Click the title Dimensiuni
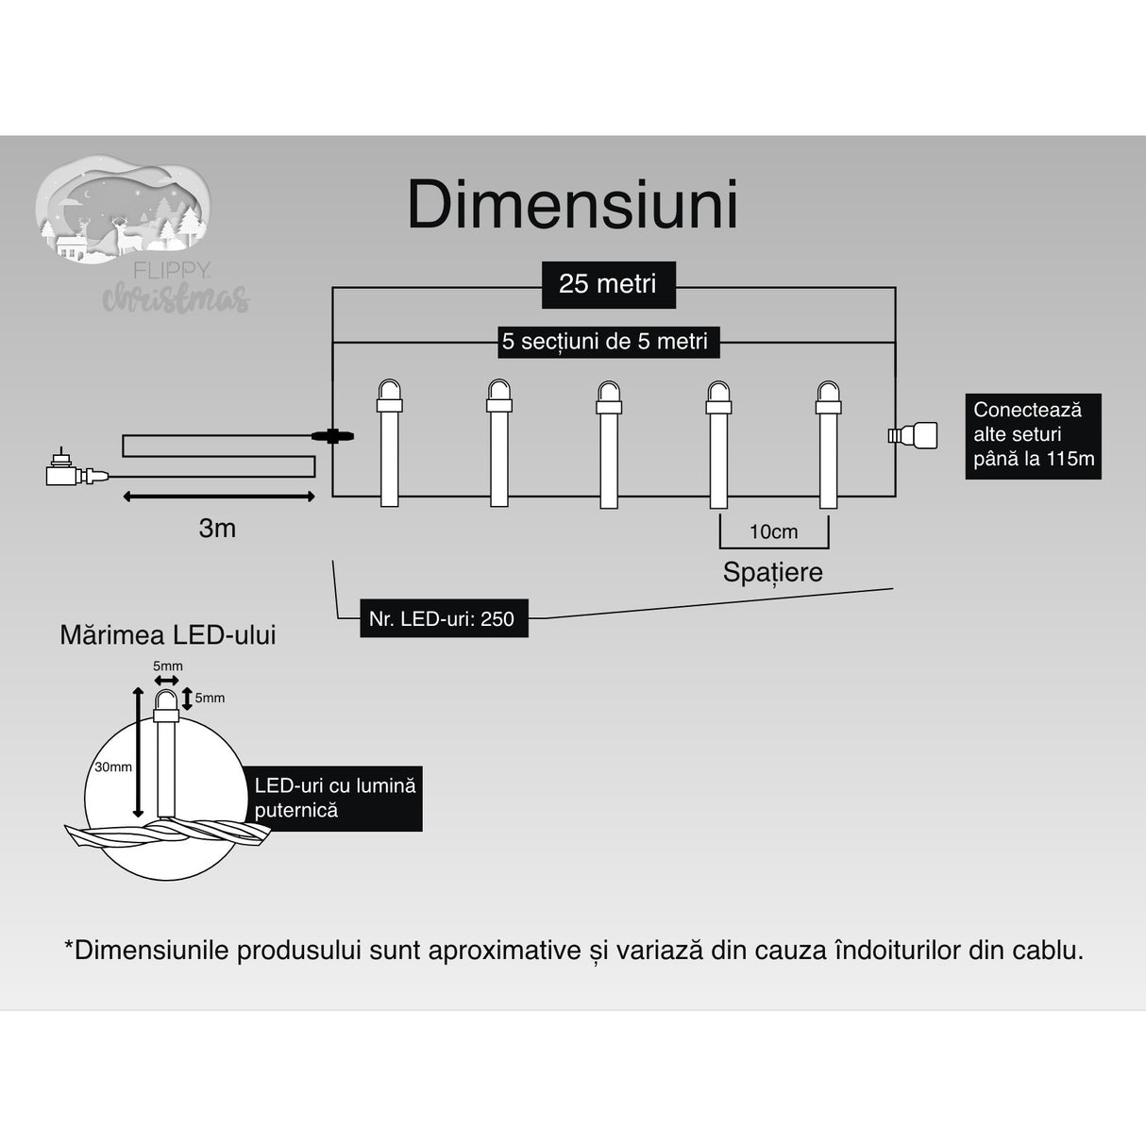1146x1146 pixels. click(572, 205)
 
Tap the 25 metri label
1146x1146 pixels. click(608, 284)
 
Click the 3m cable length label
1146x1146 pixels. click(217, 529)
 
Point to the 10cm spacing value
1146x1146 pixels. click(773, 532)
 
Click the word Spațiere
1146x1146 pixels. click(772, 572)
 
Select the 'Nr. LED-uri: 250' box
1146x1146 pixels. click(443, 619)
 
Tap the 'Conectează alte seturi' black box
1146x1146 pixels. click(1033, 435)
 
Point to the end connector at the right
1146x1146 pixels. click(913, 435)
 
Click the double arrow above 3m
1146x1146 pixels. click(218, 496)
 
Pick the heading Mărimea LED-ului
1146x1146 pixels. click(168, 635)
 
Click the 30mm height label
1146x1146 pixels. click(113, 767)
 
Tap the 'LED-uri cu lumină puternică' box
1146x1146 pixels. click(335, 798)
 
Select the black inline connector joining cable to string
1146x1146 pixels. click(331, 436)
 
